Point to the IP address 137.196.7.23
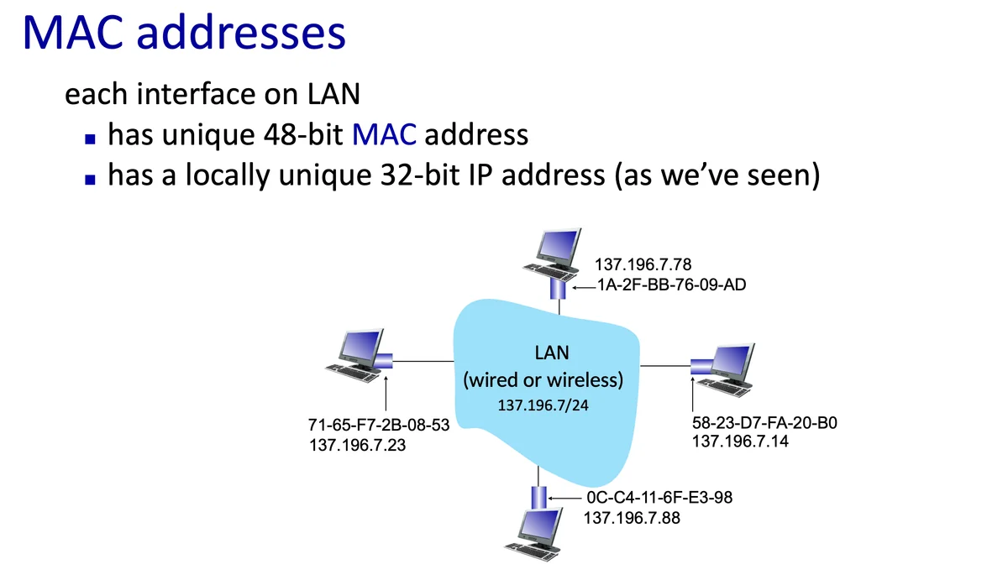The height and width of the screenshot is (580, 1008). click(x=358, y=445)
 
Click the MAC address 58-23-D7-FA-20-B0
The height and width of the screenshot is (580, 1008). click(x=764, y=422)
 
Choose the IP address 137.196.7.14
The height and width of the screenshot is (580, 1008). click(x=739, y=441)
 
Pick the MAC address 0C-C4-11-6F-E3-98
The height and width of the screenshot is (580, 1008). click(x=660, y=498)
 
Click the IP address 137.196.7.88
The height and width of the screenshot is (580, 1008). click(x=632, y=518)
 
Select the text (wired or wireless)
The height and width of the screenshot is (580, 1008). click(x=543, y=380)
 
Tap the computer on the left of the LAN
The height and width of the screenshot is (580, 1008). click(x=354, y=357)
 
